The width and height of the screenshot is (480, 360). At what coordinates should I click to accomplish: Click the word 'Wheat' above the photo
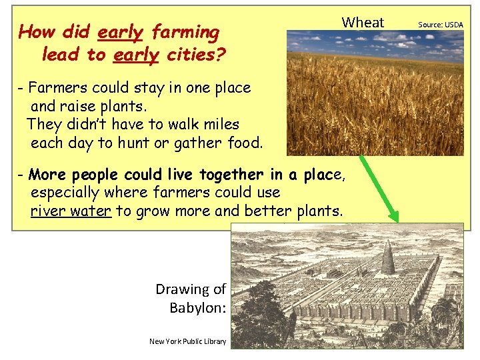pos(363,23)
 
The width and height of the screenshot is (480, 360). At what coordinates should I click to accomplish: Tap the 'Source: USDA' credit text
pos(440,25)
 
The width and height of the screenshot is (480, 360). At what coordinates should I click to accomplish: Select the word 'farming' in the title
pos(185,32)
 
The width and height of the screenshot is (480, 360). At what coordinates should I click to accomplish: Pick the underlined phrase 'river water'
pos(71,212)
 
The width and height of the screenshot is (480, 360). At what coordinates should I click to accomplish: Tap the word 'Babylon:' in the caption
pos(197,308)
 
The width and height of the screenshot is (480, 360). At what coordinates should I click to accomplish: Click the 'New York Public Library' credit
pos(187,341)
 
